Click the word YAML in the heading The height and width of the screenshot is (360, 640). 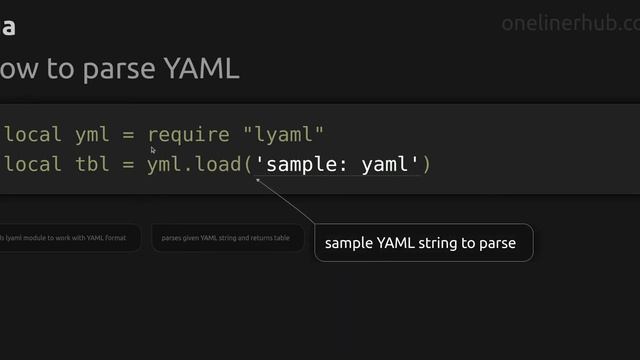[x=199, y=68]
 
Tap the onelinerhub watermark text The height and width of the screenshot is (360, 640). [x=569, y=24]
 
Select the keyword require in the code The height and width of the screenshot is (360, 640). [x=189, y=134]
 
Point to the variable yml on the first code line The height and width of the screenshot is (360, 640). [x=92, y=134]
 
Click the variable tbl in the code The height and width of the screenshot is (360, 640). [x=92, y=163]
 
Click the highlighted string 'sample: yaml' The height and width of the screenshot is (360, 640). [x=336, y=163]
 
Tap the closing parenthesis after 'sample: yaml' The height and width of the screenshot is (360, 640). [x=426, y=163]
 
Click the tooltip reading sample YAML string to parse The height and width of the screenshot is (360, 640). [x=423, y=243]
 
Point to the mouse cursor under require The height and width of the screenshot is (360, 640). [x=153, y=150]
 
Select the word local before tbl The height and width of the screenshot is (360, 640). [x=33, y=163]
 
